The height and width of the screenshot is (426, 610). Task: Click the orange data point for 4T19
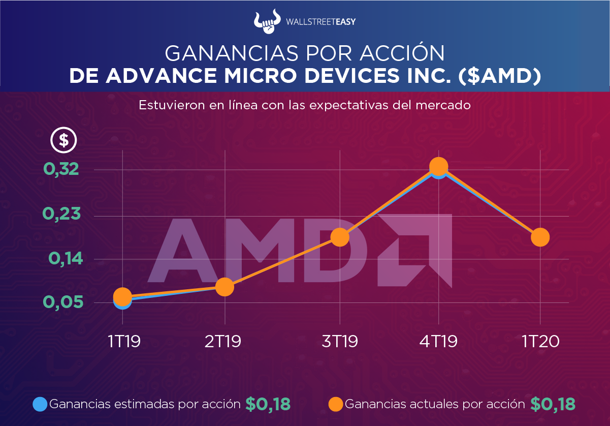[438, 167]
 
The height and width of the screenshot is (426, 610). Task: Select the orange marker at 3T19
[339, 237]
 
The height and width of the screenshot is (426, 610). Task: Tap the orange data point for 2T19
[224, 287]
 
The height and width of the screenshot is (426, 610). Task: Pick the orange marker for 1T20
[540, 237]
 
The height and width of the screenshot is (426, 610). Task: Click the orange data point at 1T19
[122, 296]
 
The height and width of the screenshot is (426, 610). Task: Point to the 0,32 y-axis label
[61, 170]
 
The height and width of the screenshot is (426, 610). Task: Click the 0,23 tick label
[61, 214]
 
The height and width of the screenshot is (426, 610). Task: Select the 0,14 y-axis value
[65, 258]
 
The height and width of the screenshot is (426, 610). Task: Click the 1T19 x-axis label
[123, 341]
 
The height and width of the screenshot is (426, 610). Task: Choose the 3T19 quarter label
[340, 341]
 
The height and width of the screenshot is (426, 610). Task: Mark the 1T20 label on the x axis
[540, 341]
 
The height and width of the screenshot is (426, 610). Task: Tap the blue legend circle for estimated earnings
[40, 404]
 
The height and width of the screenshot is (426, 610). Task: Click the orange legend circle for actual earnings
[336, 404]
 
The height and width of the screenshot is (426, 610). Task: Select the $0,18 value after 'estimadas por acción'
[268, 404]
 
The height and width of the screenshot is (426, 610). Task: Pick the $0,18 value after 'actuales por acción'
[553, 404]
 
